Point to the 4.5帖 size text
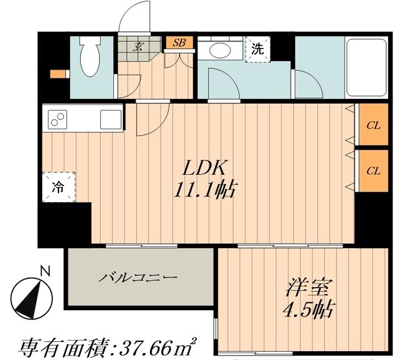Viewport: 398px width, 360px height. click(x=303, y=309)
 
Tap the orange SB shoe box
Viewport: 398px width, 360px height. click(x=179, y=43)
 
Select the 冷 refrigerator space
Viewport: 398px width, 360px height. click(x=57, y=186)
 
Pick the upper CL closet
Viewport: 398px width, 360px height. click(x=373, y=125)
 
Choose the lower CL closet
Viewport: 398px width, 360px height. click(x=373, y=170)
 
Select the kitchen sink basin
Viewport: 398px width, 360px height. click(x=111, y=118)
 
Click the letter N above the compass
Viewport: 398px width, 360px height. click(x=44, y=270)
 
